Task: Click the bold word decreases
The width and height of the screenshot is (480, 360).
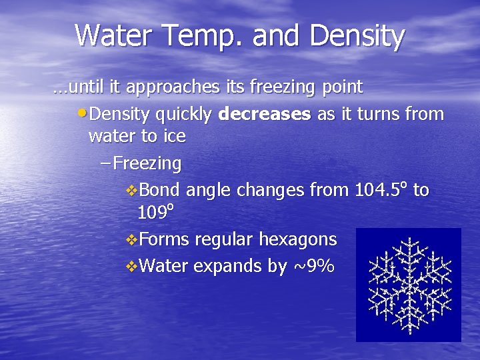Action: [x=265, y=114]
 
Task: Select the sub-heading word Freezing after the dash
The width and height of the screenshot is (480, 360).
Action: [x=147, y=163]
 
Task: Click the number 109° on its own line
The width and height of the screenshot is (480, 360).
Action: [x=155, y=213]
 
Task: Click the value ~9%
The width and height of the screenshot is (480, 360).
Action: [x=313, y=266]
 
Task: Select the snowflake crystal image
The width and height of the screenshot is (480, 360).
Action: [x=408, y=285]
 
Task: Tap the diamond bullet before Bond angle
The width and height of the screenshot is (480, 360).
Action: [x=131, y=191]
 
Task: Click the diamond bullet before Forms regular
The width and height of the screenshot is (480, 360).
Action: [x=131, y=240]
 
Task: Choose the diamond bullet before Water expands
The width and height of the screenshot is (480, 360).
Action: [x=131, y=267]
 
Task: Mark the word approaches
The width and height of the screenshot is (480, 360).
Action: [x=172, y=87]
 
